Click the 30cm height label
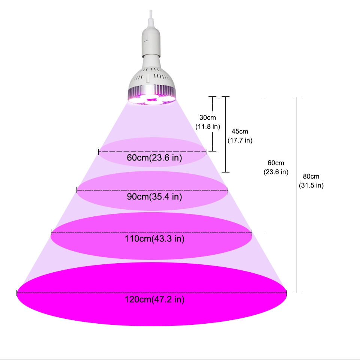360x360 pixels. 207,117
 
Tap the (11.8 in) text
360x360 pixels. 208,126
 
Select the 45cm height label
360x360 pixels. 240,131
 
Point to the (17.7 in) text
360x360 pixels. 240,140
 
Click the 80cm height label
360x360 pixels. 311,176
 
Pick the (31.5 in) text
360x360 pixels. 311,185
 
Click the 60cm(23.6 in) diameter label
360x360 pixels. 154,158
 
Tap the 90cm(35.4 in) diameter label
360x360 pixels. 154,197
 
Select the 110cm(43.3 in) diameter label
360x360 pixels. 154,239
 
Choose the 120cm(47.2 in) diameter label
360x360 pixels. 154,299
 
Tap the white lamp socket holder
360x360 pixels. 151,43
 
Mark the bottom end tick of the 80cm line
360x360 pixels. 297,293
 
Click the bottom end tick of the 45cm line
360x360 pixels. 226,172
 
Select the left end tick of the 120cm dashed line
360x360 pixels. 17,293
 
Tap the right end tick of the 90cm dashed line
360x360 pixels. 228,190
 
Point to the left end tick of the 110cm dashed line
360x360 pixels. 51,232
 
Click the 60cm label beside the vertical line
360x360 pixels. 276,163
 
